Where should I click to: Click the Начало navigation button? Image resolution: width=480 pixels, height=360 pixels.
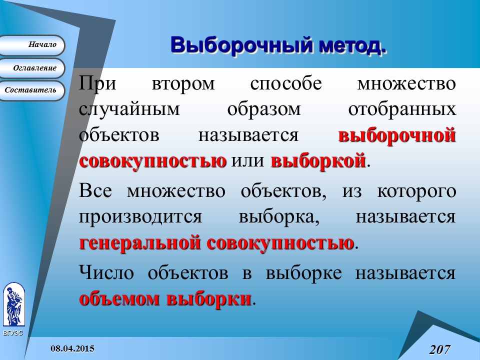tap(32, 45)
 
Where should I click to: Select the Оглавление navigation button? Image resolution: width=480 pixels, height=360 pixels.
tap(32, 68)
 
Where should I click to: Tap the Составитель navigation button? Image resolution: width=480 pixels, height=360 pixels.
tap(32, 90)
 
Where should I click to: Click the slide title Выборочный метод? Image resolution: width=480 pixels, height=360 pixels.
tap(278, 44)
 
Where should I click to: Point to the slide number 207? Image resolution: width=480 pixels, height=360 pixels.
tap(440, 349)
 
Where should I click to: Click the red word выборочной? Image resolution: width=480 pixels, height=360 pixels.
tap(397, 136)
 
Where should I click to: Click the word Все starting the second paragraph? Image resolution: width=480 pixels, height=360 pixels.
tap(98, 191)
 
